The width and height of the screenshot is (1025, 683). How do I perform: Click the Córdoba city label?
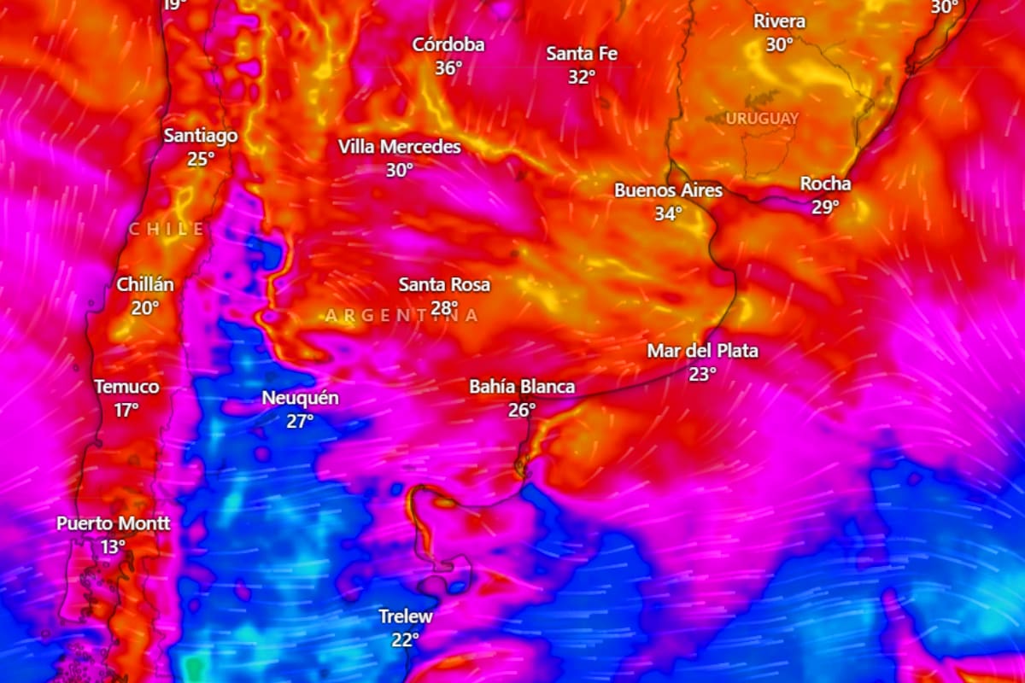(448, 44)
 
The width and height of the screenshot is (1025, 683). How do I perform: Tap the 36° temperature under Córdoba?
(448, 67)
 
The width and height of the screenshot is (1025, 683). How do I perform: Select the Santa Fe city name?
(582, 53)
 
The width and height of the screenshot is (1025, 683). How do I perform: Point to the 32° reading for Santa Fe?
(582, 76)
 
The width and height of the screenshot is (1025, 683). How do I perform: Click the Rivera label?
(779, 21)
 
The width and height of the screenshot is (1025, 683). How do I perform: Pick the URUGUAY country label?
(763, 118)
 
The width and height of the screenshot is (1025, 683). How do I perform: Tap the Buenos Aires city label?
(668, 190)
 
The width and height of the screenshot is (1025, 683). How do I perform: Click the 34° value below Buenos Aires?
(668, 213)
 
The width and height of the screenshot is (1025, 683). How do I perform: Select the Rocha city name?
(825, 184)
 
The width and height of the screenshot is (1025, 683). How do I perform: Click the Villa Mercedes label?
(399, 147)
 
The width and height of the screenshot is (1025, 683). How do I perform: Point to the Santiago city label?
(201, 135)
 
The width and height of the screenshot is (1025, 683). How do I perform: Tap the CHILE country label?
(167, 229)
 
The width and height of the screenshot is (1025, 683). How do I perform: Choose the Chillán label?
(145, 284)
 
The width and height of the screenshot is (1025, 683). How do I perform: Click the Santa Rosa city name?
(444, 284)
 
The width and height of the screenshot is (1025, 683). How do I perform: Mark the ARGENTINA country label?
(401, 316)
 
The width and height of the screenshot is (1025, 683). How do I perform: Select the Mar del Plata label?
(702, 351)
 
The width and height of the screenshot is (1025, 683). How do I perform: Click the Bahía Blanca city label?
(522, 387)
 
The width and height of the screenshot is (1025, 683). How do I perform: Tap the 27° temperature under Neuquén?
(300, 421)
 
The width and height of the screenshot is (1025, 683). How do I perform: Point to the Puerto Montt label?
(114, 523)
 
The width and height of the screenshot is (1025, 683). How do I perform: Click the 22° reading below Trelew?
(406, 639)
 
